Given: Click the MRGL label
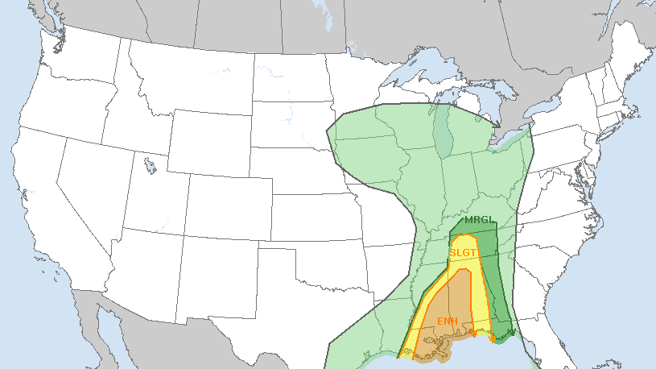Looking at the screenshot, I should point(477,220).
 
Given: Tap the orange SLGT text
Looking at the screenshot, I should point(464,252).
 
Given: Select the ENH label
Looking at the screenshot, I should point(448,321).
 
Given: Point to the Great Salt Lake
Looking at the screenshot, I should point(150,167).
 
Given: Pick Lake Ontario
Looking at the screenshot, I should point(555,112).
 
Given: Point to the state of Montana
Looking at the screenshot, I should point(181,73).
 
